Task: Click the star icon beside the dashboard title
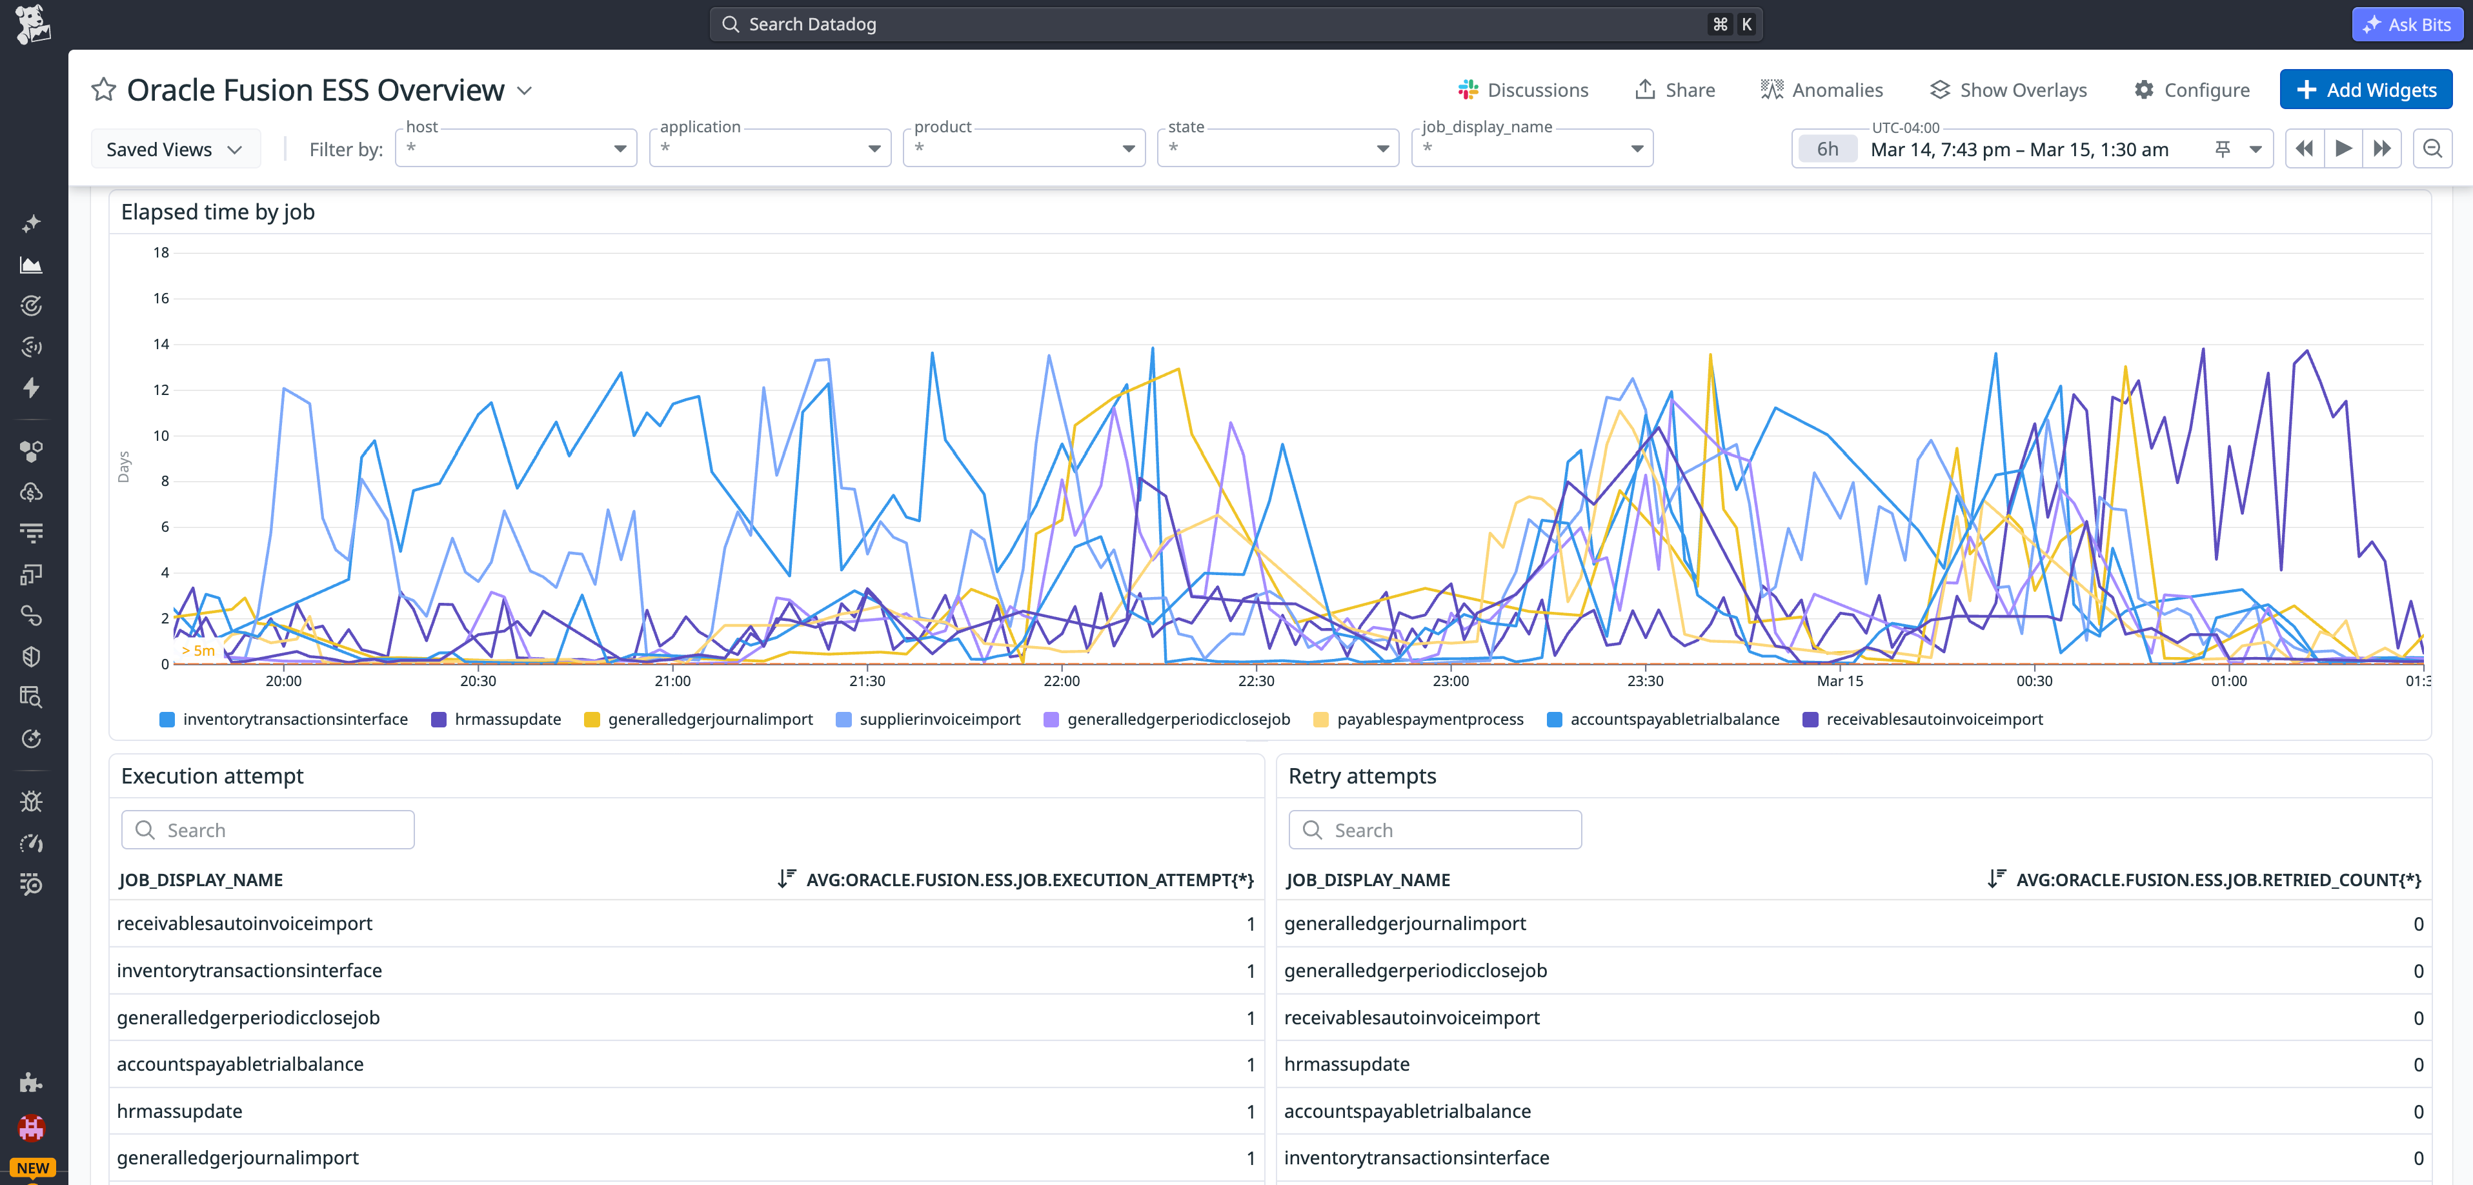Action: tap(104, 90)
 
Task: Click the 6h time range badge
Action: tap(1827, 149)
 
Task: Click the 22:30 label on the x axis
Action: tap(1256, 681)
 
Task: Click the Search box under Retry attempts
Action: tap(1435, 829)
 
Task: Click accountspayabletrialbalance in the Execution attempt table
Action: tap(240, 1064)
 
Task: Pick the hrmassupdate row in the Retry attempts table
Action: tap(1346, 1064)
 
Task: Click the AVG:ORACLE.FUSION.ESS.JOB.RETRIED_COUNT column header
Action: tap(2217, 880)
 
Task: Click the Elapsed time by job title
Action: tap(218, 212)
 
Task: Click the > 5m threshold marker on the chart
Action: tap(199, 650)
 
